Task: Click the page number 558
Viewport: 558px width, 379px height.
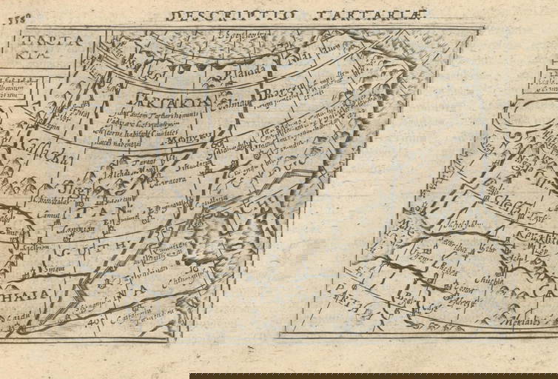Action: (13, 21)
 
